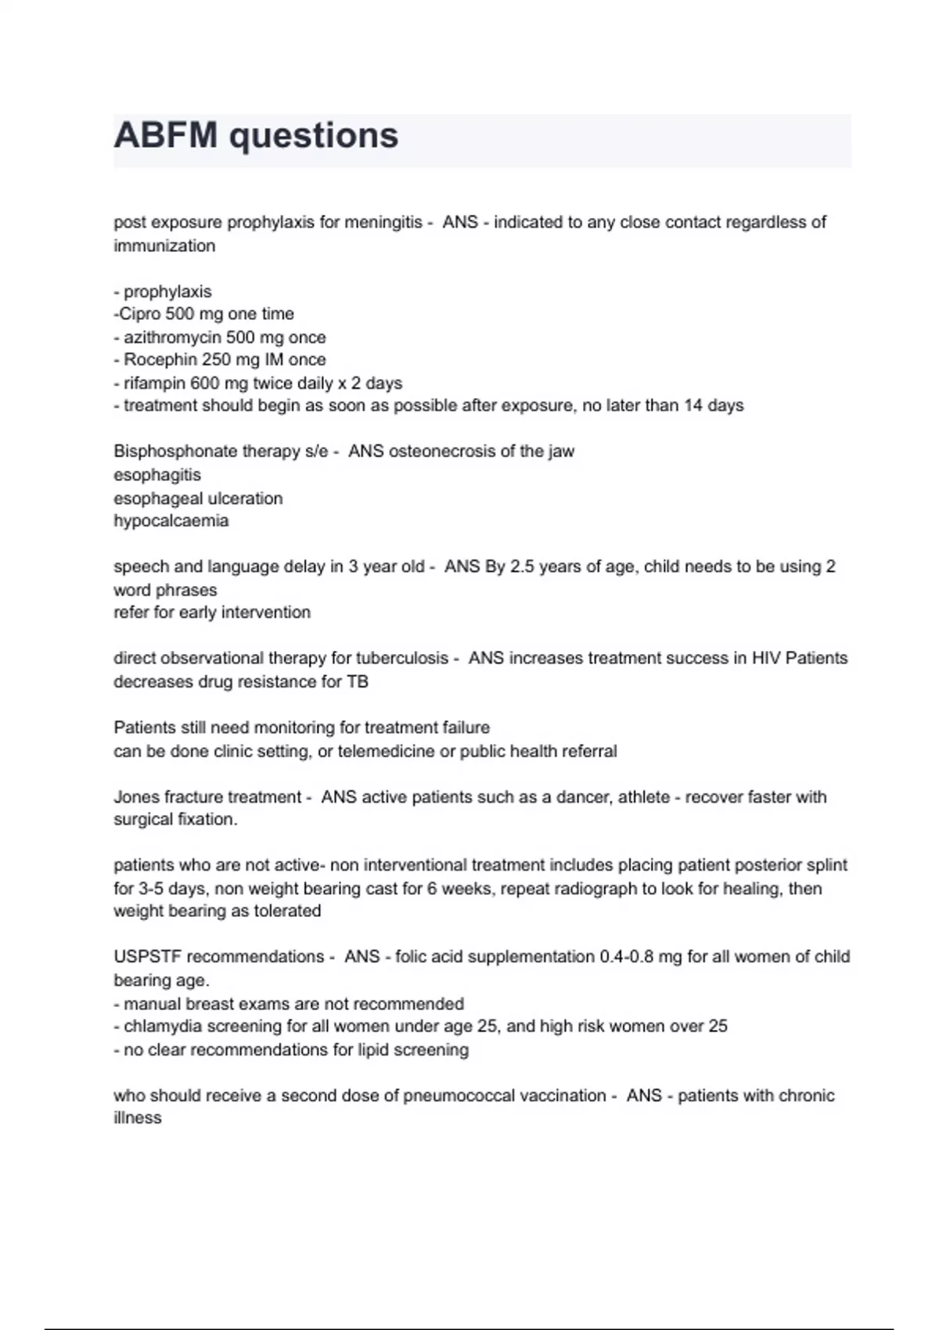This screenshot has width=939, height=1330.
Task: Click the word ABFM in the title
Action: click(x=165, y=135)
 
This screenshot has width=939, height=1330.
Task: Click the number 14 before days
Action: click(x=693, y=405)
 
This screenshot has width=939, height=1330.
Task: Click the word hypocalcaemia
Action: click(x=171, y=521)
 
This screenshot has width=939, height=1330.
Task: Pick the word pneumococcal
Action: click(x=464, y=1095)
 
